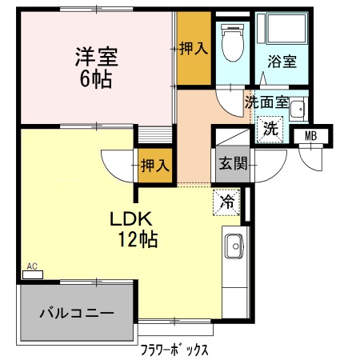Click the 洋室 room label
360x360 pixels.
click(x=96, y=57)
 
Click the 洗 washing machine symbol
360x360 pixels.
click(x=270, y=127)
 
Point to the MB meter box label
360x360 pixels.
click(x=310, y=136)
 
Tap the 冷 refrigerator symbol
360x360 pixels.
click(x=228, y=202)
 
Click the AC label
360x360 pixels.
click(x=32, y=266)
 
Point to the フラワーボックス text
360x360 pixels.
click(x=174, y=350)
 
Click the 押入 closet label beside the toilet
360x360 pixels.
click(x=194, y=48)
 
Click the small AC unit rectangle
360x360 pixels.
click(x=33, y=274)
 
